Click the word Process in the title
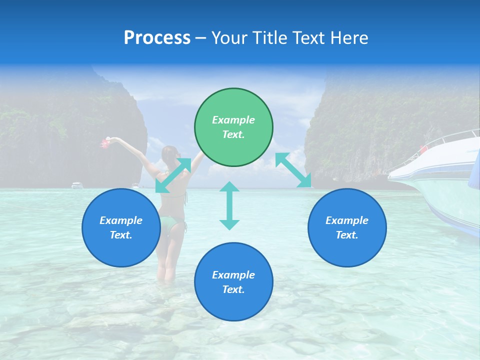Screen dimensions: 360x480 click(x=157, y=38)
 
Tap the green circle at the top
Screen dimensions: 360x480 click(x=233, y=127)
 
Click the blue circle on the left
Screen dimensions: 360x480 click(x=121, y=227)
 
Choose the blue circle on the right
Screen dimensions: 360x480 click(x=347, y=227)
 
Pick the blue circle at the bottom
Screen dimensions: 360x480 click(x=233, y=282)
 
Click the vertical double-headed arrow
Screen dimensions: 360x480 click(x=229, y=205)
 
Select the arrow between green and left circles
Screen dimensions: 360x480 click(x=173, y=175)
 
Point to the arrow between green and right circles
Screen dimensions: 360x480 click(x=293, y=170)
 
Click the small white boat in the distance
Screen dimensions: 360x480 click(x=77, y=185)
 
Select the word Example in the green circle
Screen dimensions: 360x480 click(x=233, y=120)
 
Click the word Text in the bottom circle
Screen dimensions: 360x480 click(x=232, y=289)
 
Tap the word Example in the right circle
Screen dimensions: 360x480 click(x=347, y=220)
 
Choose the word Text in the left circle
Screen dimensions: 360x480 click(x=120, y=235)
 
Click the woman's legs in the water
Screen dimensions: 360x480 click(x=167, y=265)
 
